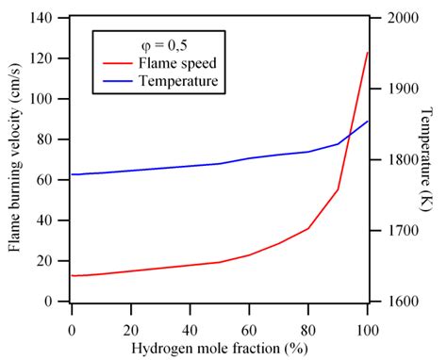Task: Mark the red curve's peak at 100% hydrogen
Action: tap(367, 53)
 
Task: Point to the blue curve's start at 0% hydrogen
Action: tap(72, 174)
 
